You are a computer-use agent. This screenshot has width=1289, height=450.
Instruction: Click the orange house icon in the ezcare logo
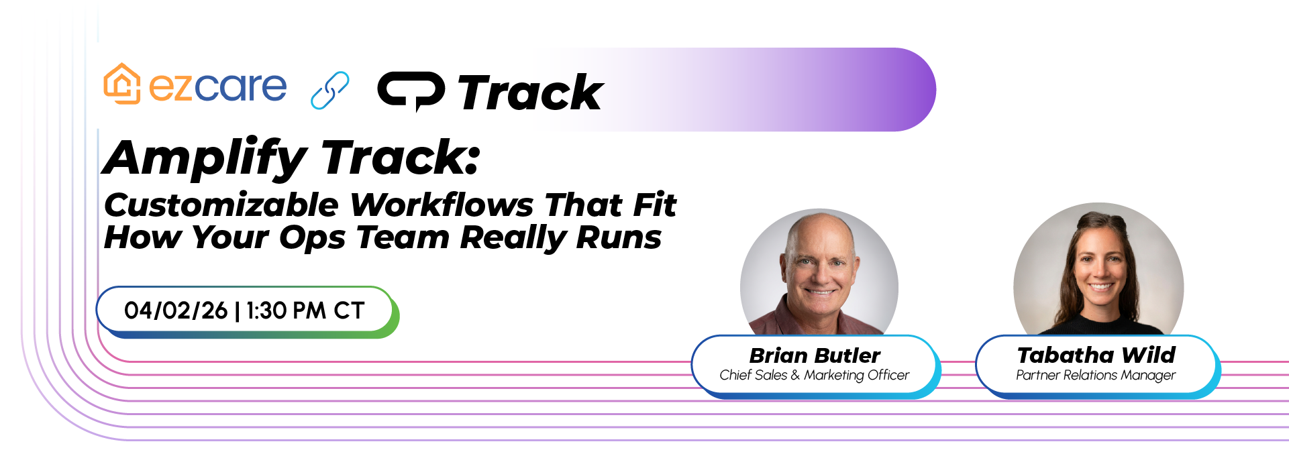tap(121, 84)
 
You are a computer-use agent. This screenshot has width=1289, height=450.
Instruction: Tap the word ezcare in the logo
tap(217, 87)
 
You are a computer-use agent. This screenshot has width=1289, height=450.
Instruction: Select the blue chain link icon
tap(330, 90)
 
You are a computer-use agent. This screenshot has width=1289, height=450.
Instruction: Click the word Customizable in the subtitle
tap(221, 205)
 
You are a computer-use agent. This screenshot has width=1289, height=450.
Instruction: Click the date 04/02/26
tap(176, 311)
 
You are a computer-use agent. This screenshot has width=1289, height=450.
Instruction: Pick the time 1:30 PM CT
tap(305, 311)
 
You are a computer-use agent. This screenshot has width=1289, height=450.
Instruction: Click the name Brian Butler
tap(815, 355)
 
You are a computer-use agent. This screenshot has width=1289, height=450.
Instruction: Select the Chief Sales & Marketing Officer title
tap(815, 376)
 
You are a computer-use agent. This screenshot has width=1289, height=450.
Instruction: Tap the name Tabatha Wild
tap(1096, 355)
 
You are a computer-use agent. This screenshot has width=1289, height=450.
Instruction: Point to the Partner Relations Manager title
tap(1096, 376)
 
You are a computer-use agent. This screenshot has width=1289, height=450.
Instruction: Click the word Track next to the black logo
tap(530, 93)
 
